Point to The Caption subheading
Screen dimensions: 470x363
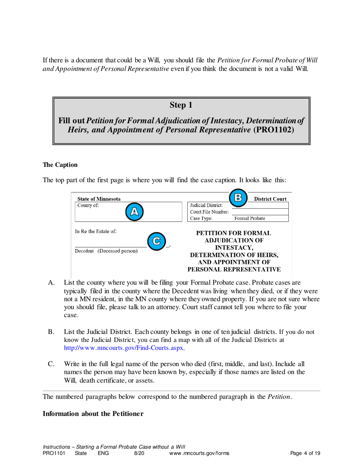pyautogui.click(x=60, y=165)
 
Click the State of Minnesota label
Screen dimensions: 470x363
pyautogui.click(x=99, y=199)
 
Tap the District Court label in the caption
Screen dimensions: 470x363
pyautogui.click(x=270, y=199)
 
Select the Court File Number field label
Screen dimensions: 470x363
pyautogui.click(x=209, y=212)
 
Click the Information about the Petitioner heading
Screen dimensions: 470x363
pyautogui.click(x=93, y=414)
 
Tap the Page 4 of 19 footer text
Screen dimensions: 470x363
pyautogui.click(x=305, y=454)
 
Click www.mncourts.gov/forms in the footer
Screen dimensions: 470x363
pyautogui.click(x=199, y=454)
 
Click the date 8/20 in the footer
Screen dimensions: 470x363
pyautogui.click(x=139, y=454)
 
